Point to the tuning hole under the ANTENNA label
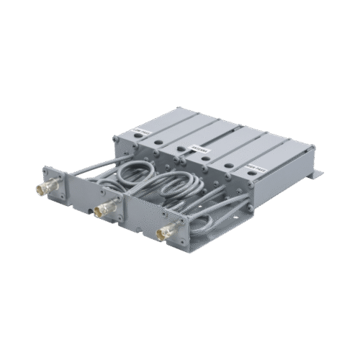coord(204,159)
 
